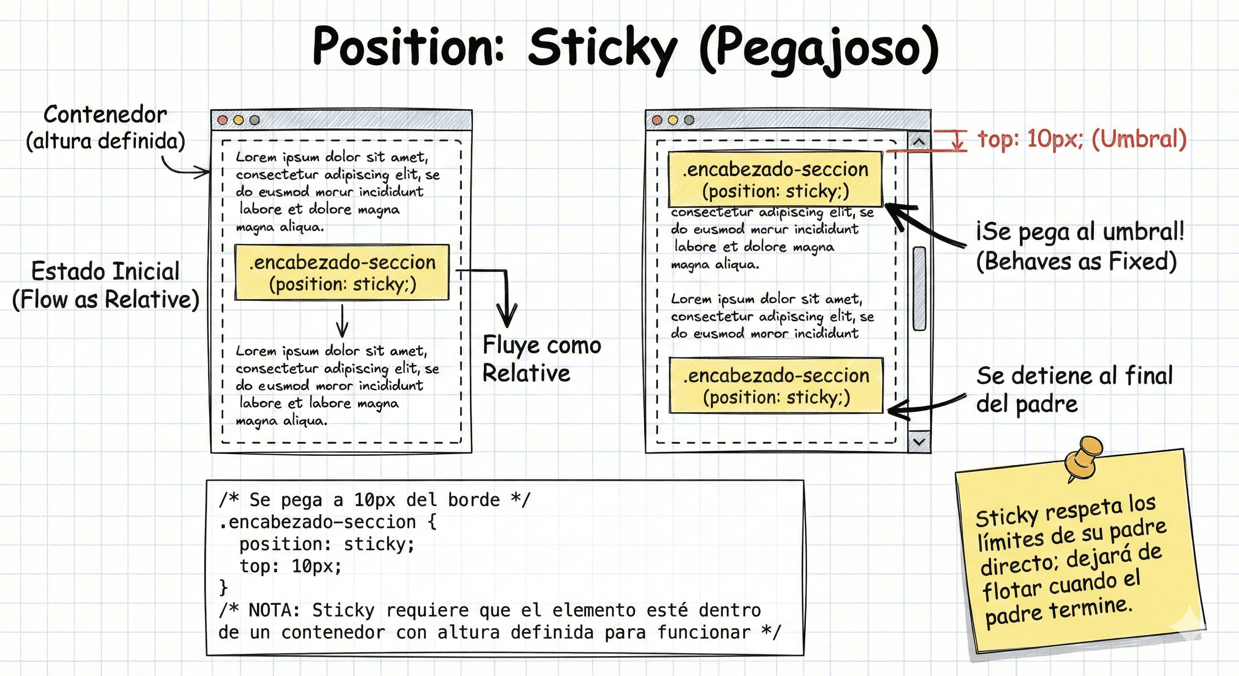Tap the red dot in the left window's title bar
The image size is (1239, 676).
223,120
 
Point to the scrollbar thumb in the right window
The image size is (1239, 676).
919,289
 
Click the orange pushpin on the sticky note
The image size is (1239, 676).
1082,457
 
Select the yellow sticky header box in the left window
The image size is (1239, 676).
342,272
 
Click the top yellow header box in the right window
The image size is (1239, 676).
775,179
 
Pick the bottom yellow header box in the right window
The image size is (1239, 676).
776,386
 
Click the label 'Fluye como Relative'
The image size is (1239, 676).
542,359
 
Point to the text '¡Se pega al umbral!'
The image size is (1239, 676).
1080,231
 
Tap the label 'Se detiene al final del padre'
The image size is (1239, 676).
1074,389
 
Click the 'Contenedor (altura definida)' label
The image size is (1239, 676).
105,128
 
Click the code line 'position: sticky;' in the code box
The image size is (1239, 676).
327,544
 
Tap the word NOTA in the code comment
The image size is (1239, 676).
274,610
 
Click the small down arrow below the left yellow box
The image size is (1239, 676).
342,321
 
